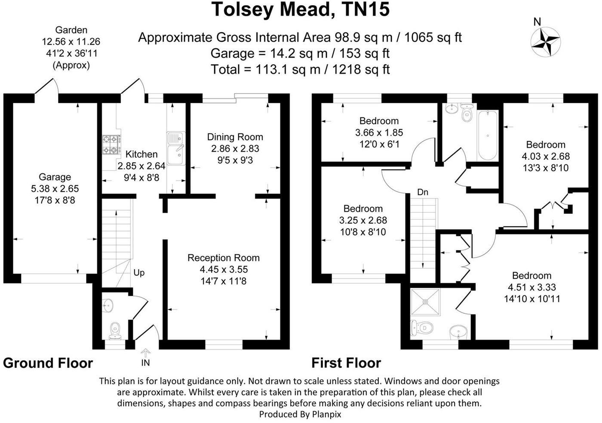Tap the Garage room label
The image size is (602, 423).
tap(55, 177)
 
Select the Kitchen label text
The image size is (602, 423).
tap(141, 154)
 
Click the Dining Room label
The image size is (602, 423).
tap(235, 137)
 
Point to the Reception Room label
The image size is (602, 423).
tap(224, 258)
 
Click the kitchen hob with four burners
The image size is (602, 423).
tap(110, 144)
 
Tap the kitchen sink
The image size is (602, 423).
tap(175, 149)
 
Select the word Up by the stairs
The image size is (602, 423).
tap(139, 273)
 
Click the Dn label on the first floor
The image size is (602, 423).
tap(423, 192)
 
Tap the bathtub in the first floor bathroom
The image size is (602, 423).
tap(488, 135)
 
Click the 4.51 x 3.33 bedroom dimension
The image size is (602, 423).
tap(532, 287)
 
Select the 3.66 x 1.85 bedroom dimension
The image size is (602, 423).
tap(379, 132)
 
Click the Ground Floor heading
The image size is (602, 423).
tap(48, 363)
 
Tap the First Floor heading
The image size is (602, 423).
tap(346, 363)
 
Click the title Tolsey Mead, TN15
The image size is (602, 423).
tap(301, 9)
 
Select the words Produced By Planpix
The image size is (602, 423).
tap(301, 414)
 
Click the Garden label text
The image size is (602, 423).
tap(71, 30)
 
